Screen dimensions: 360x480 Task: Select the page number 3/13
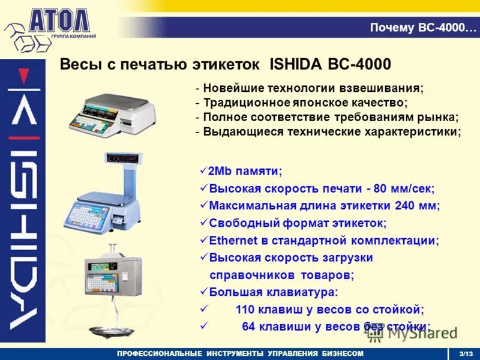click(x=466, y=353)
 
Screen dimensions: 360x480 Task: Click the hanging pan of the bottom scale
click(x=112, y=329)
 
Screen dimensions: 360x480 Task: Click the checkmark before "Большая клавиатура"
click(x=203, y=293)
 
